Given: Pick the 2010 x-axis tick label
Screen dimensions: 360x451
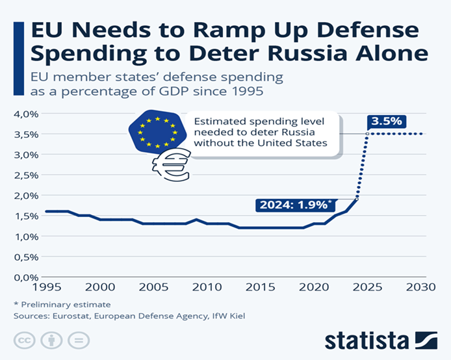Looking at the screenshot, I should (x=207, y=287).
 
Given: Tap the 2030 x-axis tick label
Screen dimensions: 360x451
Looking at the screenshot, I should (x=420, y=287).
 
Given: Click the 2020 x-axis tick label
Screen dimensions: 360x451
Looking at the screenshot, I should (x=314, y=287).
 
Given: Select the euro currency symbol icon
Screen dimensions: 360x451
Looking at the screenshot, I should (x=170, y=164).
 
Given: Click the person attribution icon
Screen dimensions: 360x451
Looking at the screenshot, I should (x=52, y=341).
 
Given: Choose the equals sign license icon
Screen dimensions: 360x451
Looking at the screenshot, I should (x=78, y=341).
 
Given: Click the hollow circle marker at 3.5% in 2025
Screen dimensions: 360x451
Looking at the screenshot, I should (x=367, y=134).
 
